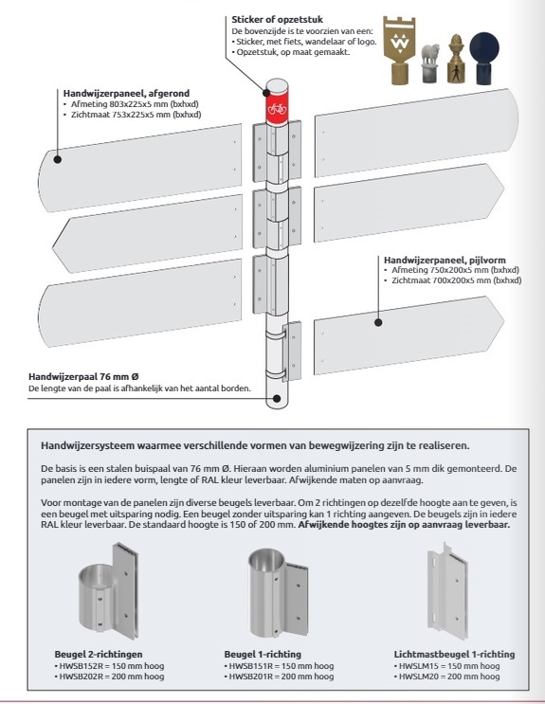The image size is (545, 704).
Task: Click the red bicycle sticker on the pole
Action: point(277,108)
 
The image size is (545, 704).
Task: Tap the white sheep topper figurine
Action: point(430,63)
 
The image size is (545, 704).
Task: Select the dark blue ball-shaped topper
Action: point(484,58)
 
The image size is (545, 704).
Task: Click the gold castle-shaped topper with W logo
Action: point(399,50)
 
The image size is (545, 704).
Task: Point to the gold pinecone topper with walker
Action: point(456,59)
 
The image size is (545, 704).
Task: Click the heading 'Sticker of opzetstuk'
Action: point(277,20)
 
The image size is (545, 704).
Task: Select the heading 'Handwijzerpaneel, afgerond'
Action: point(126,94)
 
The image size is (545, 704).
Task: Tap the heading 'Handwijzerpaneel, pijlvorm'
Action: point(445,260)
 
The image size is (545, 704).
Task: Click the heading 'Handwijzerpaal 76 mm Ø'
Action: point(86,376)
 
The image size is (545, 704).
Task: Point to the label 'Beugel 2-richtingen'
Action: point(99,654)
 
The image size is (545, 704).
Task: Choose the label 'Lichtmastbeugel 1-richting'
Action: point(454,654)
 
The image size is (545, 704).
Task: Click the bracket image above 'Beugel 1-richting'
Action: point(278,592)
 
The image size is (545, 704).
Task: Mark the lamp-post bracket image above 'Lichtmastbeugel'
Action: point(447,590)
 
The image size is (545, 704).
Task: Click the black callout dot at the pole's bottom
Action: point(277,398)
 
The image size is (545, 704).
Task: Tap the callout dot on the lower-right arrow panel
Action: point(378,322)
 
